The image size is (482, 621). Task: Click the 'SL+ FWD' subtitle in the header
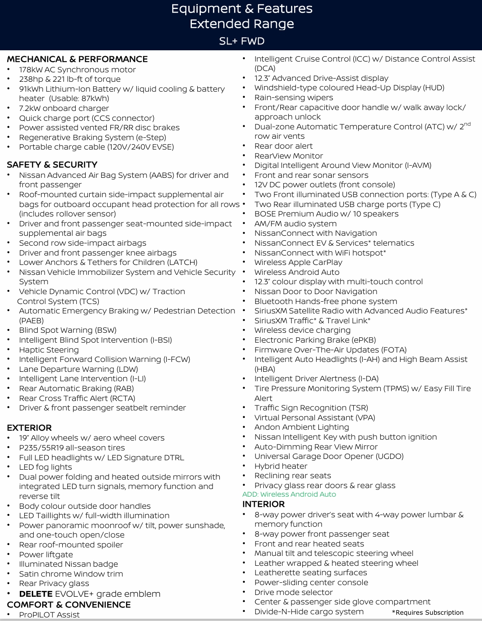(242, 41)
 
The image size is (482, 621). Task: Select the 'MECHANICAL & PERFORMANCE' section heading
(77, 59)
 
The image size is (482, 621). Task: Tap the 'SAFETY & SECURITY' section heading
(52, 165)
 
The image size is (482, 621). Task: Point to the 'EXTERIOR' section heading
(29, 428)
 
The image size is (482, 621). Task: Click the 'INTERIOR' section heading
(263, 504)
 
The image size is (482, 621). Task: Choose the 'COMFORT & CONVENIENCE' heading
(69, 605)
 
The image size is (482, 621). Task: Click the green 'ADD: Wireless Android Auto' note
(289, 494)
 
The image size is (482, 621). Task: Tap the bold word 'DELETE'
(36, 594)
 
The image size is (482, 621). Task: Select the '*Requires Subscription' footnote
(427, 612)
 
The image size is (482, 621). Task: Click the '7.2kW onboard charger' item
(64, 108)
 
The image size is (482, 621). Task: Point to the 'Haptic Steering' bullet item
(49, 350)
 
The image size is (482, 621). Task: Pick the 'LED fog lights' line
(45, 467)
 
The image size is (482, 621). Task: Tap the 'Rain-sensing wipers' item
(294, 97)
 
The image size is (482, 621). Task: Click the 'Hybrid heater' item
(281, 466)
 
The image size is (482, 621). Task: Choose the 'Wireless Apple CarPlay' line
(298, 262)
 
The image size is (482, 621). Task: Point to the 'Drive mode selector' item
(293, 592)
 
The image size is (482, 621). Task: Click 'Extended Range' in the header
(242, 24)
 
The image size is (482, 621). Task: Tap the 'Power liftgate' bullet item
(46, 555)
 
